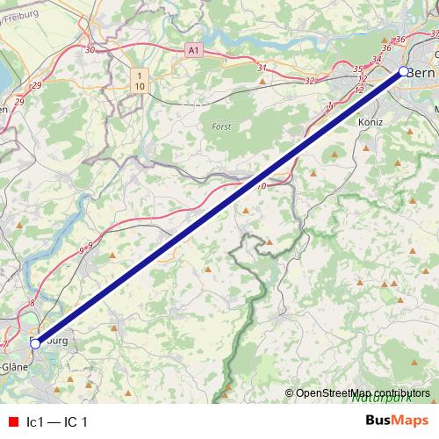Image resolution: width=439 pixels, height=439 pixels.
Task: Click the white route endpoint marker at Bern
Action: (403, 71)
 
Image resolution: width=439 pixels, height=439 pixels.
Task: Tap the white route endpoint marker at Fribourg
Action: (35, 344)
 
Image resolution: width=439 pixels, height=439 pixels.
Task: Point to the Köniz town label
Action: (371, 123)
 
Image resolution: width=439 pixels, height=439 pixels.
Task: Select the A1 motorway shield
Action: (194, 52)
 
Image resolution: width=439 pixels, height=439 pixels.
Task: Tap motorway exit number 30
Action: (90, 50)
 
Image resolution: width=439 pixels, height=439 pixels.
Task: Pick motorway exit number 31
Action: (262, 68)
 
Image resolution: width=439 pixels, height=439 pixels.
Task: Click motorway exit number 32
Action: (308, 81)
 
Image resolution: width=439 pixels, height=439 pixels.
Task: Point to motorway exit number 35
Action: (357, 68)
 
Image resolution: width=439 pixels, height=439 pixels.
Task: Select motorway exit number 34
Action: (378, 59)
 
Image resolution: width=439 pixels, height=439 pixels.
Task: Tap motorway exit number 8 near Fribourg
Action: (32, 303)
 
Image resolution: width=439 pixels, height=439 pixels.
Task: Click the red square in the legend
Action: (12, 421)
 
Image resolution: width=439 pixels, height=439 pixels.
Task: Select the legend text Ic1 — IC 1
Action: (57, 421)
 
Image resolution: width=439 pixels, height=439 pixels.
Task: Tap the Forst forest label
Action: (221, 127)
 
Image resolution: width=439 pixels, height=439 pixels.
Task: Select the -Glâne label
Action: (16, 366)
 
